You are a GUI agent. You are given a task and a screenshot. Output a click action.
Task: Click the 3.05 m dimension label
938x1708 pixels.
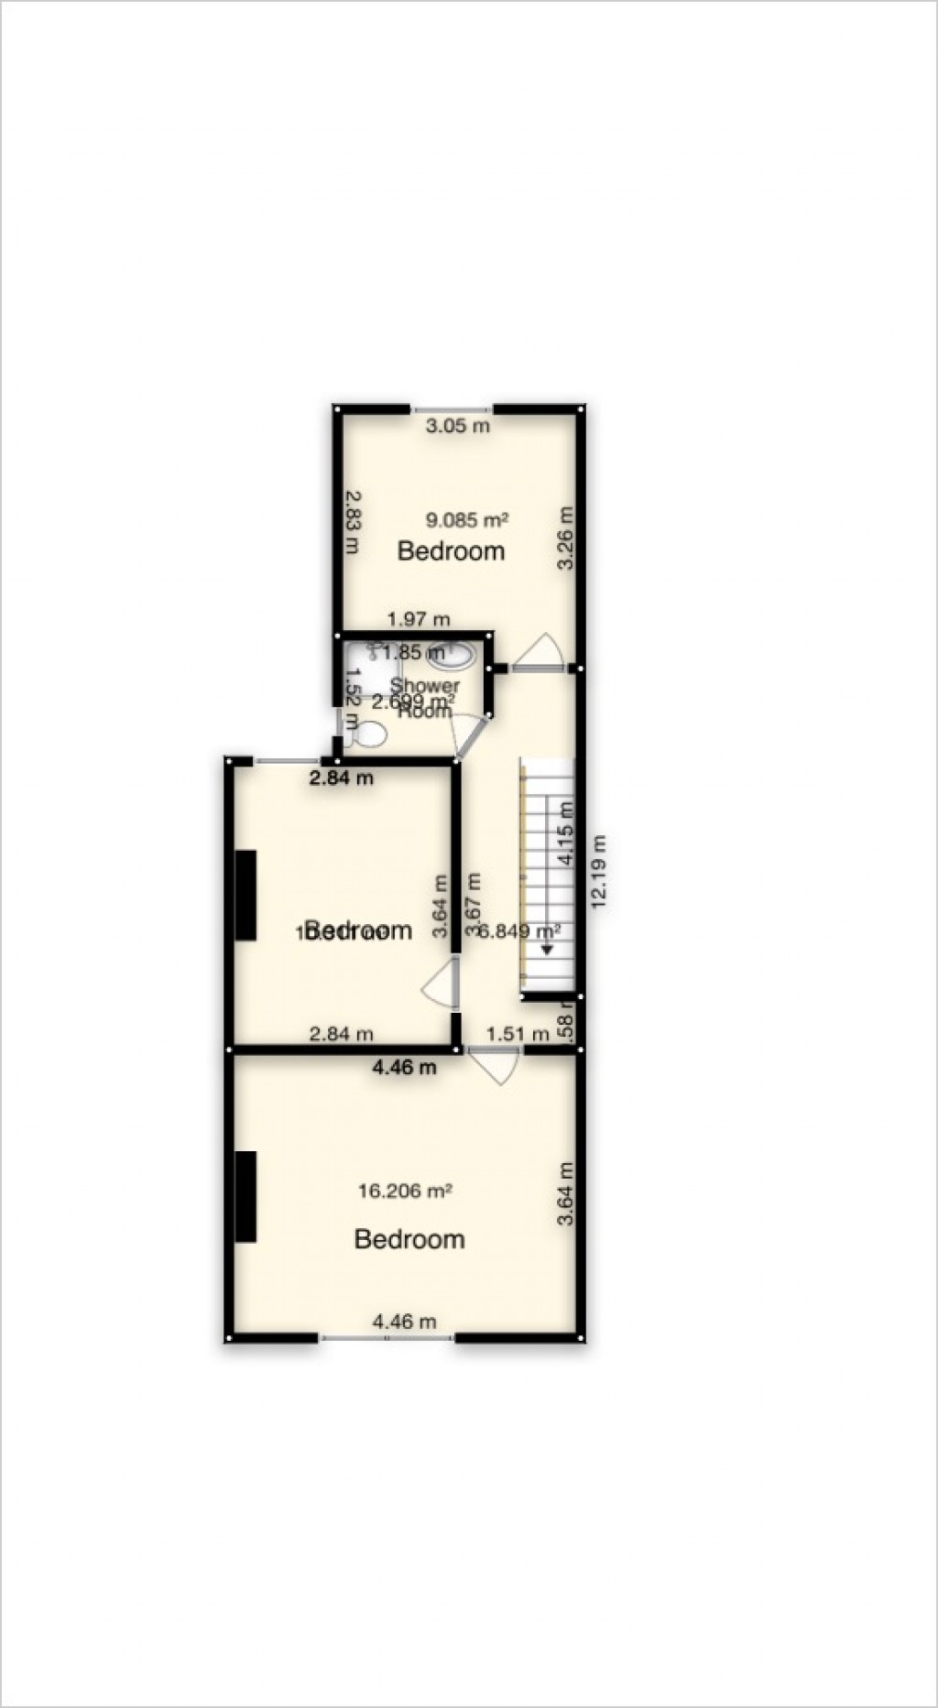[459, 425]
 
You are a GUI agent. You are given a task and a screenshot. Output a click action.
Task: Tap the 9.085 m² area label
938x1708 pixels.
[466, 520]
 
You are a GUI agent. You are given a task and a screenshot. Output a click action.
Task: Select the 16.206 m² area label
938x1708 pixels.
[405, 1191]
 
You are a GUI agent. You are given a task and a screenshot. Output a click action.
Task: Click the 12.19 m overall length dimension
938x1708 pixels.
[599, 870]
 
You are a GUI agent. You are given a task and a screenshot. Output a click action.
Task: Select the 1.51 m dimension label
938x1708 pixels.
[518, 1034]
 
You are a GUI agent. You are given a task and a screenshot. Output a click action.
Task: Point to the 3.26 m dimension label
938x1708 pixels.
[566, 538]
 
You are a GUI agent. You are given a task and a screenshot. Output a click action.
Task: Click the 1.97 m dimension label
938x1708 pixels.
[419, 619]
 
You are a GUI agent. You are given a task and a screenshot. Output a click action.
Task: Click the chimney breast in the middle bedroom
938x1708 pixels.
[245, 895]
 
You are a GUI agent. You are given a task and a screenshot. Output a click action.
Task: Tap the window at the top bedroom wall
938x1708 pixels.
[452, 408]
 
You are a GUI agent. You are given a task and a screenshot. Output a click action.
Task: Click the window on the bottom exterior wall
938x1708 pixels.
[387, 1338]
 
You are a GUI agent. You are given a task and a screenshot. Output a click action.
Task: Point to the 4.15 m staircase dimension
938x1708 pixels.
[565, 832]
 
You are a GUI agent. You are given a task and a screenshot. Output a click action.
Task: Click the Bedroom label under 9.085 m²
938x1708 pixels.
[451, 551]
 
